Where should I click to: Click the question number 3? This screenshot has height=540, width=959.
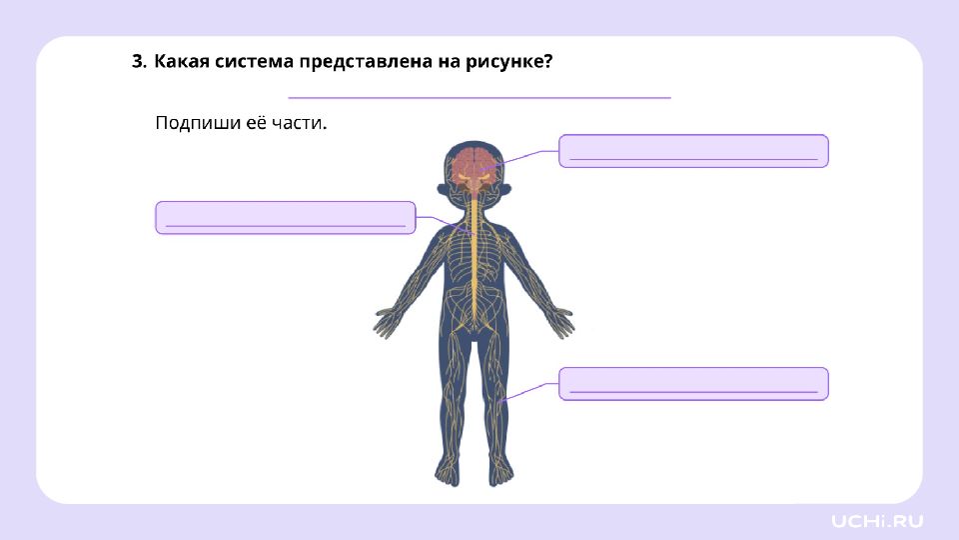(x=139, y=61)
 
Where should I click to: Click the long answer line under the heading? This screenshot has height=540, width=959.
(x=479, y=97)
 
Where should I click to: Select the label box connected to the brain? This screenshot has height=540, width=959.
(x=693, y=151)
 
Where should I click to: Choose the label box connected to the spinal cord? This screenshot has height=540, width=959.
(x=286, y=217)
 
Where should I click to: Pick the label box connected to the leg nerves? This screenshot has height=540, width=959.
(x=693, y=384)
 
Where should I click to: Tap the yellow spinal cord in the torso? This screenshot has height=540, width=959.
(x=473, y=257)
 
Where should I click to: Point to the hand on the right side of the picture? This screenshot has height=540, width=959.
(x=559, y=322)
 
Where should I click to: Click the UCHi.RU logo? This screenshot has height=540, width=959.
(x=876, y=522)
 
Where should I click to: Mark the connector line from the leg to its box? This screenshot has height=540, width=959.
(x=530, y=391)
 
